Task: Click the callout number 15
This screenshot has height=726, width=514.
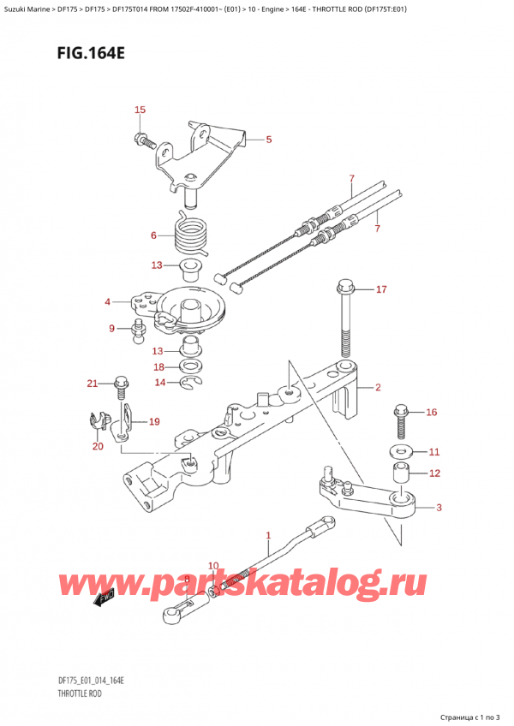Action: (140, 110)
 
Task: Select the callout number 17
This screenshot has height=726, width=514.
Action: (381, 289)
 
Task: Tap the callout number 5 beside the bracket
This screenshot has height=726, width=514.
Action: (268, 140)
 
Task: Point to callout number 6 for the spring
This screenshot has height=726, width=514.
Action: (154, 235)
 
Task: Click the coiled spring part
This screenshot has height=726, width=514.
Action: (189, 233)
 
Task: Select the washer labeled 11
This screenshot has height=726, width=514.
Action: (399, 450)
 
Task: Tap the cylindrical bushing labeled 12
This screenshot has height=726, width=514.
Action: (399, 473)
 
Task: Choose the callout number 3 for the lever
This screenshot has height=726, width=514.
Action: (439, 508)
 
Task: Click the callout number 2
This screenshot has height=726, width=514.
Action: (377, 388)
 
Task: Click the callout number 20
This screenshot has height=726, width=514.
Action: (97, 446)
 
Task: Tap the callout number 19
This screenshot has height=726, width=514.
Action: (154, 421)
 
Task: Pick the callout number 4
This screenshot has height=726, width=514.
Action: (108, 301)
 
